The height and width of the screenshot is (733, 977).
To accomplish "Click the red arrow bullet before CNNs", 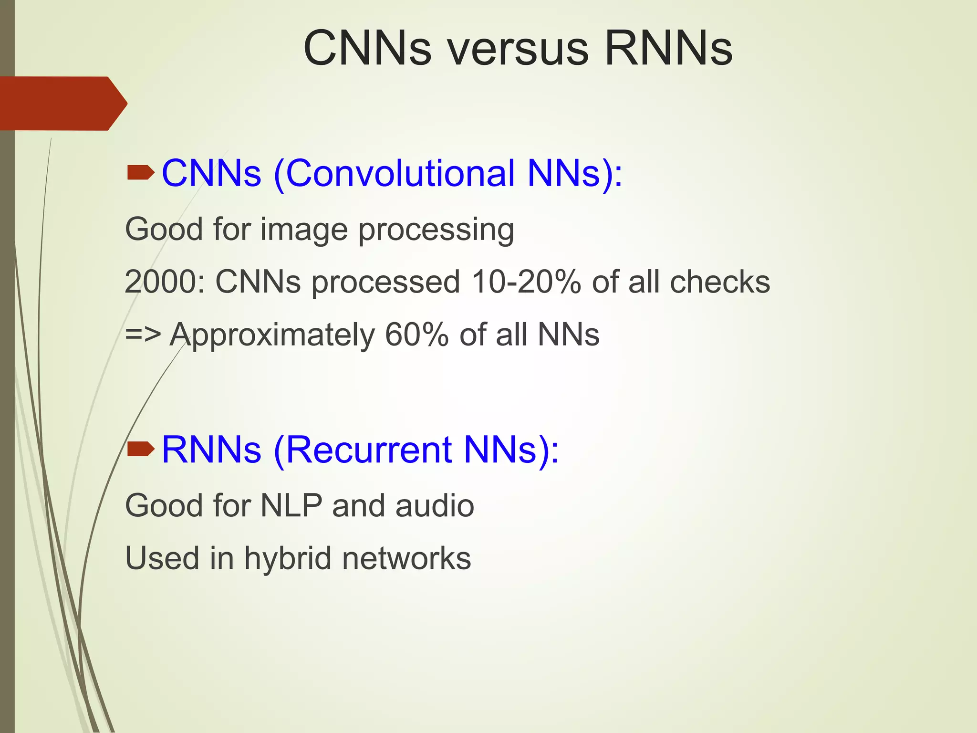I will click(x=141, y=173).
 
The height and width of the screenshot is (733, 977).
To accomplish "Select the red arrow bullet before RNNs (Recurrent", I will click(x=141, y=449).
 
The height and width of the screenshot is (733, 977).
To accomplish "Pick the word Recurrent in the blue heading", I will click(x=368, y=450).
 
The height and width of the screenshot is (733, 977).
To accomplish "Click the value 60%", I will click(x=416, y=334).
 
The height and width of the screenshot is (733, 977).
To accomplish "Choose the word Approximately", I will click(x=272, y=335).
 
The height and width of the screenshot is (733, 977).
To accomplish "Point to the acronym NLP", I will click(x=291, y=506).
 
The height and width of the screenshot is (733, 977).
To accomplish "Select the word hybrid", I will click(x=288, y=558).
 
